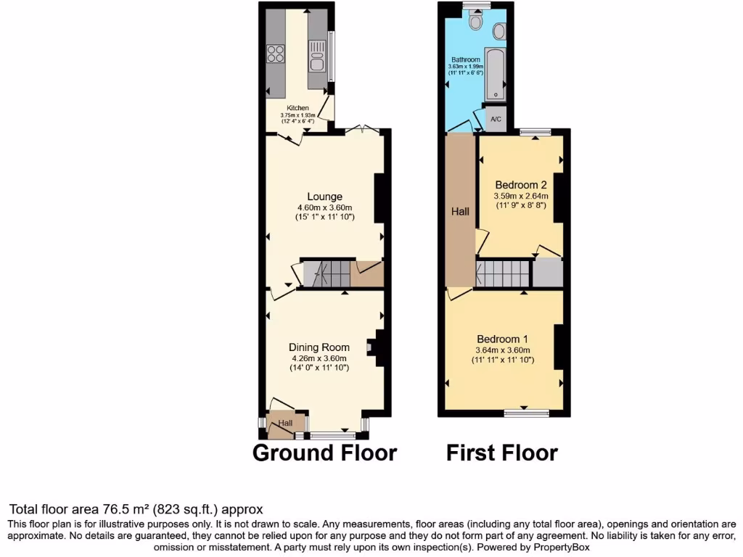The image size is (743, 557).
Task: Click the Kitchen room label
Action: click(297, 108)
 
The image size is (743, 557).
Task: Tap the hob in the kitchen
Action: click(276, 53)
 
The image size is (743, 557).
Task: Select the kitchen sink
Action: click(317, 57)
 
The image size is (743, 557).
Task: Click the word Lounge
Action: click(324, 197)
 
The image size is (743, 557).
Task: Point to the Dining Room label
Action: click(319, 347)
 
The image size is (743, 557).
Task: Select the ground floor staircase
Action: click(326, 273)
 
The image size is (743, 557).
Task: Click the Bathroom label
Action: click(466, 59)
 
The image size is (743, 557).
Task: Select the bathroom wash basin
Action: click(499, 31)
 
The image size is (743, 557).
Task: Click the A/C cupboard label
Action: click(496, 119)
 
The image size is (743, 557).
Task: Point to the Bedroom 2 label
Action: click(520, 184)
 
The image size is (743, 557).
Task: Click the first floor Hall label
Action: click(460, 212)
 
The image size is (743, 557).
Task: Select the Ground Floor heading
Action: click(324, 453)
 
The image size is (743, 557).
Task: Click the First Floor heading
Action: click(502, 453)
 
